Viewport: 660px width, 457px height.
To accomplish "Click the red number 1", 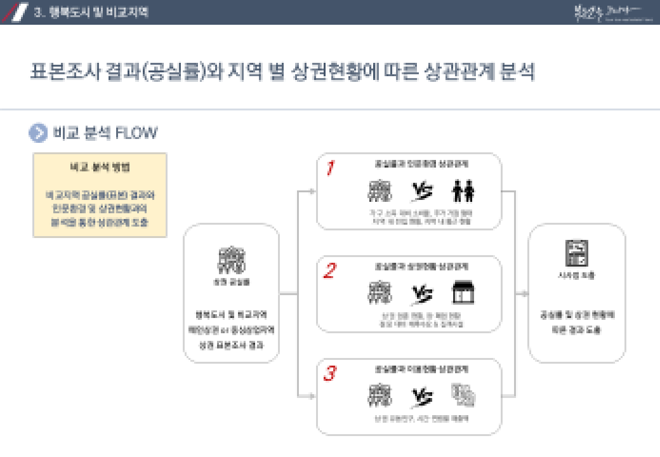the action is [330, 168].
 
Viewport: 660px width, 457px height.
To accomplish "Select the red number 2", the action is [329, 271].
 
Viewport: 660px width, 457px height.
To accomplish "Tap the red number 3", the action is [329, 374].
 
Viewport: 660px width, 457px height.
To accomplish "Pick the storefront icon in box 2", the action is [463, 293].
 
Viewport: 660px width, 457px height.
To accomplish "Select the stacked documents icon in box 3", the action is [463, 396].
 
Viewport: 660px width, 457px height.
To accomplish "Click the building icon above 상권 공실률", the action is [232, 259].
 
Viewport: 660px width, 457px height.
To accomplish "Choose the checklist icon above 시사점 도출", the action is [577, 253].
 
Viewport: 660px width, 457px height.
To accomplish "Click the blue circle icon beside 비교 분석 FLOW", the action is [38, 133].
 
